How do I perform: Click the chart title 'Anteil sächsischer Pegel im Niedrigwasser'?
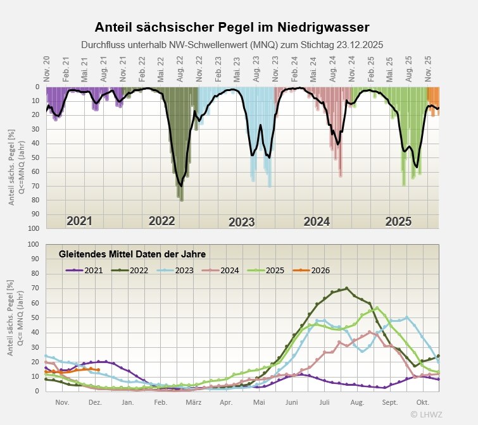232,27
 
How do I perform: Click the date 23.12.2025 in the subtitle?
354,45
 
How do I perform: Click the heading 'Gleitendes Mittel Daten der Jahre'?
132,254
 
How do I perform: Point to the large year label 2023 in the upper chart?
241,222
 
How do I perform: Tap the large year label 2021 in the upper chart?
80,221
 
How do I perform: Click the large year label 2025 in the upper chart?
398,221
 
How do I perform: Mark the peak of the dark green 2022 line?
346,288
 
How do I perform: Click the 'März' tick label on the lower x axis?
194,402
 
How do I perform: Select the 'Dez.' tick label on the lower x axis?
96,402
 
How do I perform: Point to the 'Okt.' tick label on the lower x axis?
423,402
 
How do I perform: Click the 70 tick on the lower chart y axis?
35,288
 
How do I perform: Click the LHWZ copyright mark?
427,414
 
